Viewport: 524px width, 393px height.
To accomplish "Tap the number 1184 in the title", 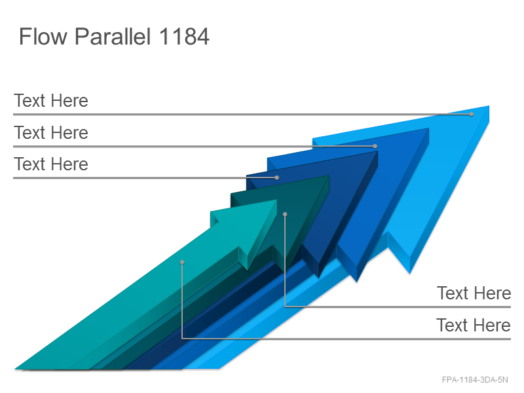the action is click(184, 36).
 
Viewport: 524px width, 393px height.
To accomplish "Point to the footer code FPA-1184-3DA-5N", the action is click(475, 380).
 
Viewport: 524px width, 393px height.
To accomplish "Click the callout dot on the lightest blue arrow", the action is click(471, 114).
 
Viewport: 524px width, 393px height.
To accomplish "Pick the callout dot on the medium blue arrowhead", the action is click(375, 146).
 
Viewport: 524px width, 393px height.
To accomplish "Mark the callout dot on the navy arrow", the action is click(276, 178).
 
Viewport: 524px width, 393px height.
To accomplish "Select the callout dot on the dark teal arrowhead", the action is click(285, 214).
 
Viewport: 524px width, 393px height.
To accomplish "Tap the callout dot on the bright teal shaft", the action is click(182, 262).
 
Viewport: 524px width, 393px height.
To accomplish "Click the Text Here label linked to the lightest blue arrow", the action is click(51, 101).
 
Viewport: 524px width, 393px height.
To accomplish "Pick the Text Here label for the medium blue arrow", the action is click(51, 133).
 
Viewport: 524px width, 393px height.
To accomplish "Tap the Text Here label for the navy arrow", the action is click(51, 164).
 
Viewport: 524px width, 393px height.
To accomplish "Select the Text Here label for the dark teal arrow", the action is click(474, 293).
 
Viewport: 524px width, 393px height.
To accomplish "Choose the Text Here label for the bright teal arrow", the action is click(474, 325).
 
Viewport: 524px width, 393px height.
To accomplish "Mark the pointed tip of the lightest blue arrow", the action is click(489, 106).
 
